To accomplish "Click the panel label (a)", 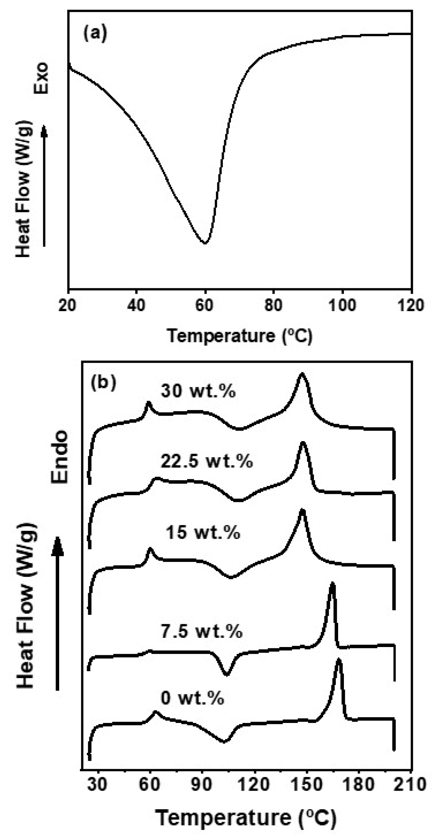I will click(95, 34).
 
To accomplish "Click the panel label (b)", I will click(103, 383).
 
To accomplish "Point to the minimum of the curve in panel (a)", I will click(205, 243).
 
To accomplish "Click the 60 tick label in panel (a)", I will click(205, 305).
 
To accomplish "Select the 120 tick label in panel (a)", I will click(411, 305).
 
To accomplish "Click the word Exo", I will click(41, 78).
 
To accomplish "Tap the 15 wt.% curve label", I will click(203, 532).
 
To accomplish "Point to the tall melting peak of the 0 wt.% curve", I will click(338, 661).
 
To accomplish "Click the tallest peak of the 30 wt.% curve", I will click(302, 374).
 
